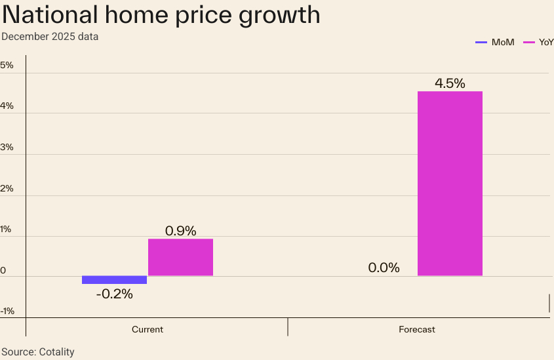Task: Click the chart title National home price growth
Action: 161,15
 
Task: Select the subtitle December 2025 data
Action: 50,37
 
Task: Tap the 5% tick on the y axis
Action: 7,65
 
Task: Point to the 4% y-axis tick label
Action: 7,106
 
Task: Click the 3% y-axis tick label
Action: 7,147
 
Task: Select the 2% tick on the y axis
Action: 7,188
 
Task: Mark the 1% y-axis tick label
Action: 7,229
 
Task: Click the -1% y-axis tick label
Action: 7,311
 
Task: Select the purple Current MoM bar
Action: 114,280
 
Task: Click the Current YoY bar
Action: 180,257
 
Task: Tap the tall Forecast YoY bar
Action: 450,184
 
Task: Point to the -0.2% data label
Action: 114,294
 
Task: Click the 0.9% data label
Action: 180,231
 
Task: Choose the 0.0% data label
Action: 384,268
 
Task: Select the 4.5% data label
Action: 450,83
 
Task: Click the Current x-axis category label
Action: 148,329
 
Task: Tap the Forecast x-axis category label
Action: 417,329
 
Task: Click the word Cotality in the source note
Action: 56,352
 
